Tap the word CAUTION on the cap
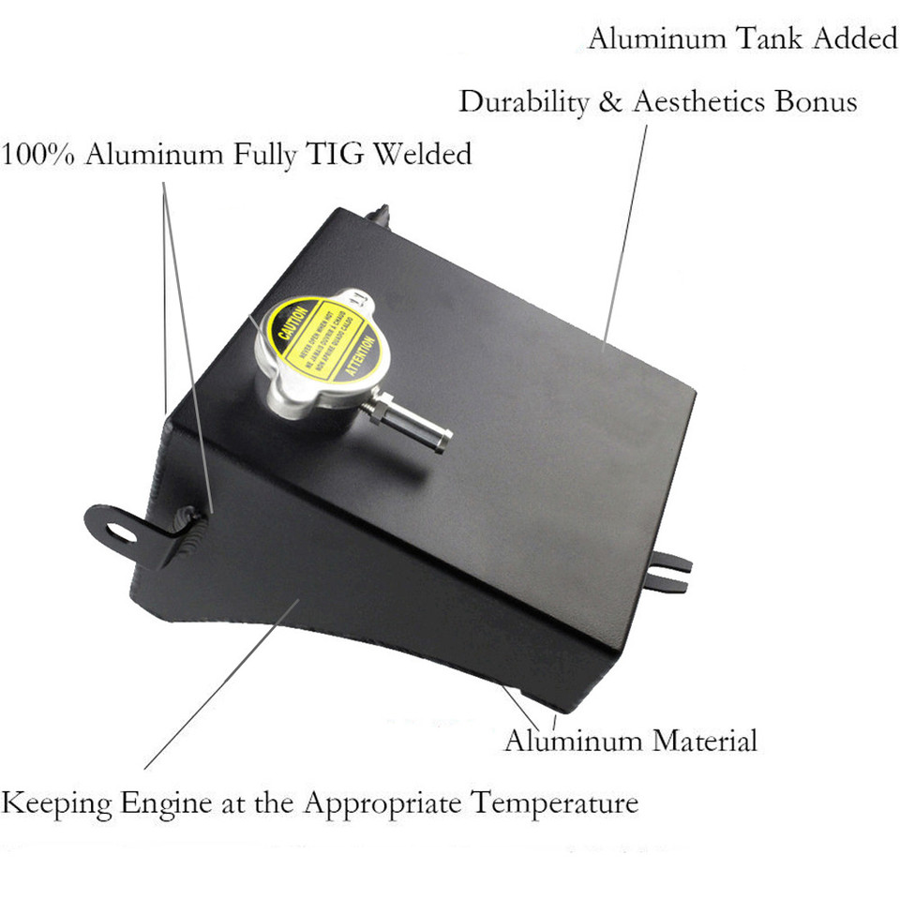(287, 322)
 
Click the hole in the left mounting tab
(118, 532)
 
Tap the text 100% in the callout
(38, 154)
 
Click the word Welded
(423, 154)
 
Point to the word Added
(854, 39)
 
